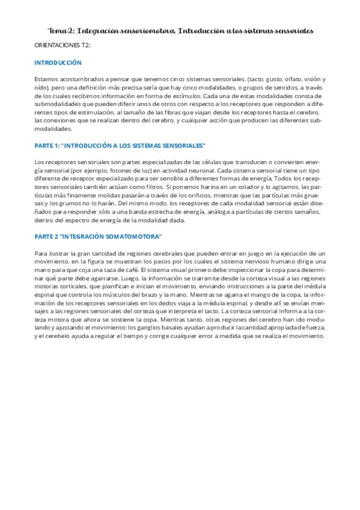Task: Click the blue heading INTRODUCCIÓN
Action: [x=58, y=63]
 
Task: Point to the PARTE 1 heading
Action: [x=120, y=145]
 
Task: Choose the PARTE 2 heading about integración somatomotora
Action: [x=98, y=236]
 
